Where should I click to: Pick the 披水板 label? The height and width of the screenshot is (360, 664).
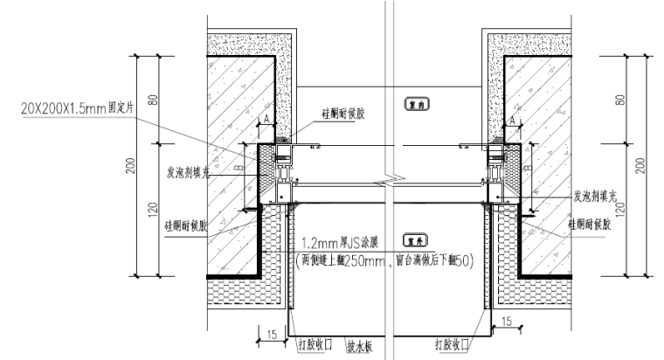coord(359,347)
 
